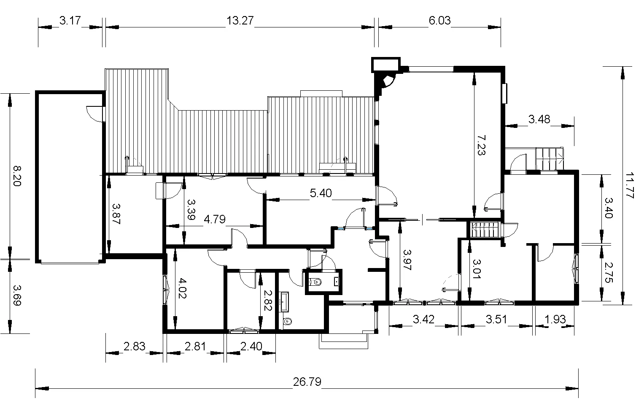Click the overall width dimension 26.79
coord(307,382)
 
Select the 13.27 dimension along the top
coord(240,20)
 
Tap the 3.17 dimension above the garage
coord(70,20)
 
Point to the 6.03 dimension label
coord(439,20)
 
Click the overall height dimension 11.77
coord(630,185)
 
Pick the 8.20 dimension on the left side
coord(17,176)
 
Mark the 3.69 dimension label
coord(17,295)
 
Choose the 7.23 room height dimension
coord(481,145)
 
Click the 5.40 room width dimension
coord(321,193)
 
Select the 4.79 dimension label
coord(215,219)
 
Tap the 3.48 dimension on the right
coord(539,119)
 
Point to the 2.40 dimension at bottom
coord(251,346)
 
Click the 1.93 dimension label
coord(555,319)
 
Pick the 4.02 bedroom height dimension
coord(182,288)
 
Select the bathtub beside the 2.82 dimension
coord(284,302)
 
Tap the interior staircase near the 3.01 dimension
coord(485,230)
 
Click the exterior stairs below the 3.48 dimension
coord(549,159)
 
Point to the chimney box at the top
coord(386,65)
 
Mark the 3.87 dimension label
coord(116,214)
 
